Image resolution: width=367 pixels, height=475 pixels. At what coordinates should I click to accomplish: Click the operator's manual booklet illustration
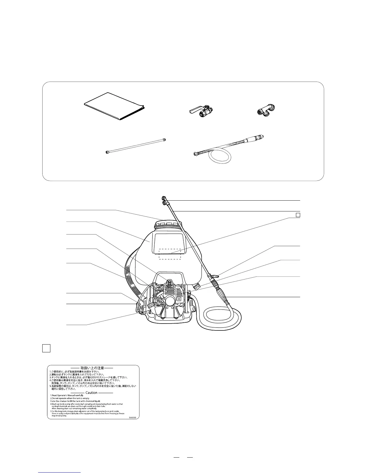114,107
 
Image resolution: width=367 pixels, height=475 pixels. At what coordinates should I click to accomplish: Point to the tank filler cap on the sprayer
168,225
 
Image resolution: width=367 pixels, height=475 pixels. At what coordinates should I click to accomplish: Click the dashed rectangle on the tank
170,254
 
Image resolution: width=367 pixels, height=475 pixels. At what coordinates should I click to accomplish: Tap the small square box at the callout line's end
298,215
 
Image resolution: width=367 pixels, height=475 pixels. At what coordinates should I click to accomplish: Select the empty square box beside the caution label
46,348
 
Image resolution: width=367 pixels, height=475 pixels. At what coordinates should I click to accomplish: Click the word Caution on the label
91,393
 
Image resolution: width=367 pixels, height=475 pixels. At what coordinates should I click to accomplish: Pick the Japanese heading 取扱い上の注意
92,368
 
